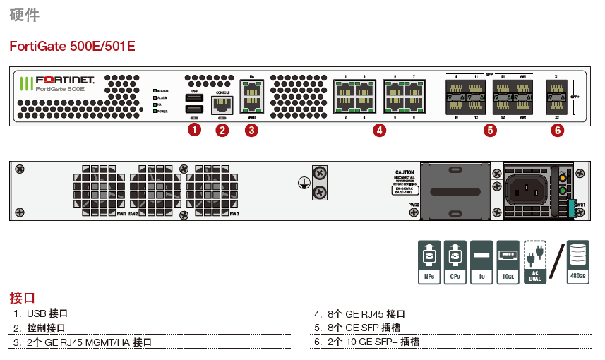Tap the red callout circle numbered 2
pyautogui.click(x=222, y=130)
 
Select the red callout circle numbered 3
pyautogui.click(x=251, y=130)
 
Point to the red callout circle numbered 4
pyautogui.click(x=380, y=130)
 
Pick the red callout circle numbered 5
pyautogui.click(x=490, y=130)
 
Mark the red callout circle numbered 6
pyautogui.click(x=558, y=130)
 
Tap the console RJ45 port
pyautogui.click(x=222, y=105)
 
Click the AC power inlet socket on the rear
pyautogui.click(x=528, y=188)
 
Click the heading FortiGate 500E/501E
pyautogui.click(x=72, y=47)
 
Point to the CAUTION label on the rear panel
pyautogui.click(x=405, y=173)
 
